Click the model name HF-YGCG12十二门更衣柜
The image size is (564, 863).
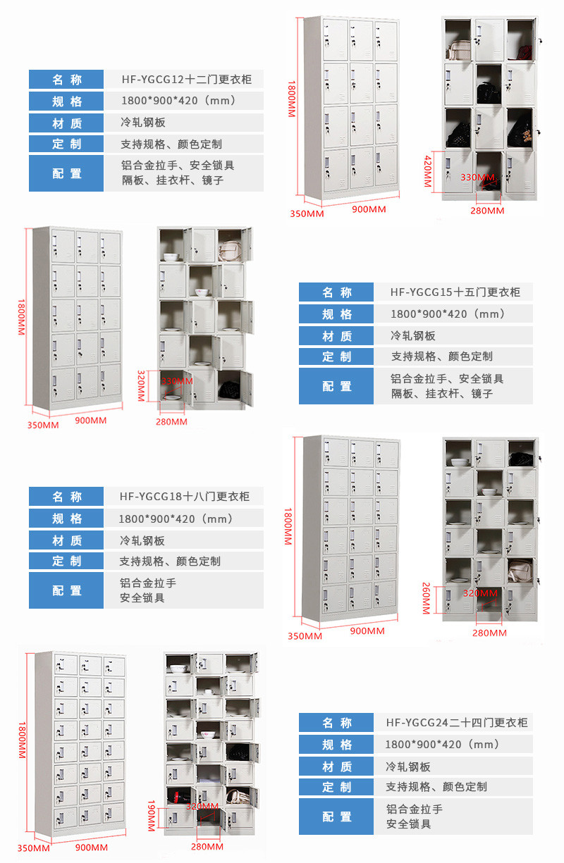pos(186,79)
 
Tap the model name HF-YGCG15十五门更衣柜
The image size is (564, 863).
pos(455,292)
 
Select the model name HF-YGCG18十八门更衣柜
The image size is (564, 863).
pos(185,496)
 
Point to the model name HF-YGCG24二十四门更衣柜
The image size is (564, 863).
pos(456,722)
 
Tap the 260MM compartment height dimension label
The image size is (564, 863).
pos(427,597)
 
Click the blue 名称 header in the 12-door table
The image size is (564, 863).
pos(66,79)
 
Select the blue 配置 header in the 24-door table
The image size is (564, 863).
pos(336,817)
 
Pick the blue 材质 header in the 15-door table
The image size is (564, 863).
pos(336,336)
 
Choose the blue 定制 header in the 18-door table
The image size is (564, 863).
pos(66,561)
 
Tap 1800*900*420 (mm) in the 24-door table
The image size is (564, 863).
pos(442,744)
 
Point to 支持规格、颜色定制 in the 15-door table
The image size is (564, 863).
pos(442,356)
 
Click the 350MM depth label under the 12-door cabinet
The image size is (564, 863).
pos(306,213)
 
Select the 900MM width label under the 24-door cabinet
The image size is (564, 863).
pos(91,848)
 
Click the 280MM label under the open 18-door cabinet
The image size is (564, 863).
pos(489,633)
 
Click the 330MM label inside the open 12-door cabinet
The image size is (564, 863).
pos(477,177)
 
